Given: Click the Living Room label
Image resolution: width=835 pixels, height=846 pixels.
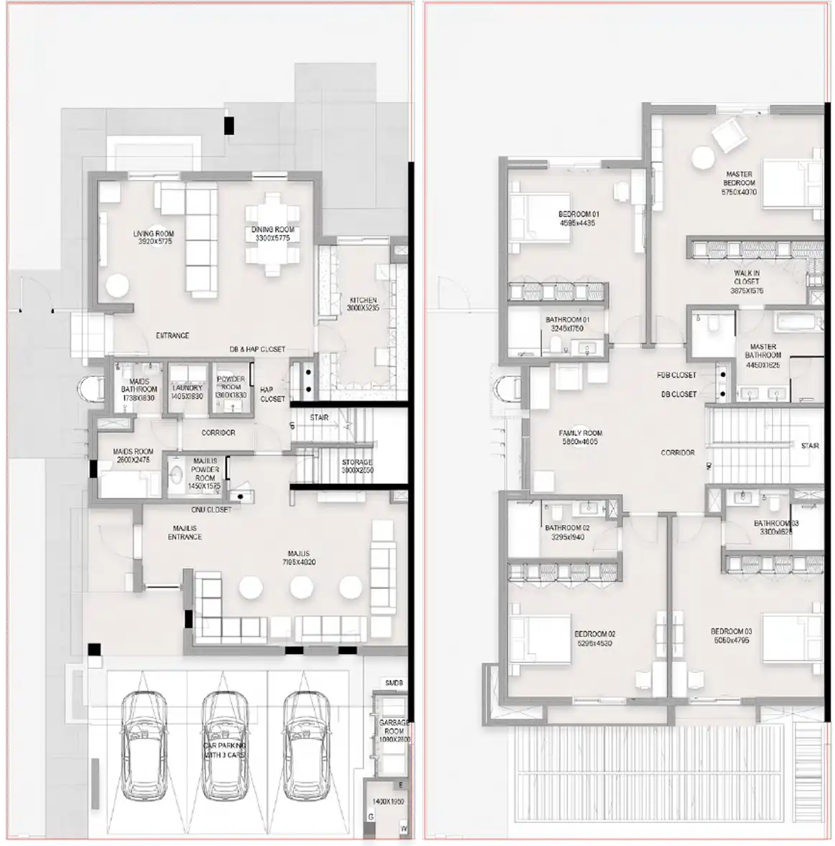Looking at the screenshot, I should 153,238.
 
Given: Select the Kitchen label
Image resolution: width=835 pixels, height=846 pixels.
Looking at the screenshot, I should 363,304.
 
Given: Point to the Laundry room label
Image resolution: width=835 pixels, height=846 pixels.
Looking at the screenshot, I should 187,392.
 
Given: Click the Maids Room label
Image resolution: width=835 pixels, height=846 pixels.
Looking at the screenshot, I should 133,455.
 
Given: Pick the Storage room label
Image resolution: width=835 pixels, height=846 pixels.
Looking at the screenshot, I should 357,466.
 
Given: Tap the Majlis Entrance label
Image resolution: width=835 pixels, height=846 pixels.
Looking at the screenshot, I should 185,532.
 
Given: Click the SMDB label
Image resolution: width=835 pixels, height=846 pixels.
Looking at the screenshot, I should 393,683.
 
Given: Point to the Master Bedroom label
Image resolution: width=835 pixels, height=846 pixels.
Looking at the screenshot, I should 739,183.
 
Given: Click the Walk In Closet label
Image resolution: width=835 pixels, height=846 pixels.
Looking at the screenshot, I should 747,282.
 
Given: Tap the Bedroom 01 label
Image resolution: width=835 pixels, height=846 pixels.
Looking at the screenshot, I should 578,218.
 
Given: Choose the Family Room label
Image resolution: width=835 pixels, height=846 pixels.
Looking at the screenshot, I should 580,437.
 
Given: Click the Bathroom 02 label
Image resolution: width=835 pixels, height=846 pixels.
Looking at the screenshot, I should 566,532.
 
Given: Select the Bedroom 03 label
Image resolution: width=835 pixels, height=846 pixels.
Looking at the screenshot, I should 732,636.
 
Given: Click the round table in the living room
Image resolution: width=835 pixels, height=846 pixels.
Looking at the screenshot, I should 117,286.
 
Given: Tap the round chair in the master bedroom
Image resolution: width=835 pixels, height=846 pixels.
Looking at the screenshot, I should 704,157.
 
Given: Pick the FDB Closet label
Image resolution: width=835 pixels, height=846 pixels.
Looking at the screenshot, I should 676,375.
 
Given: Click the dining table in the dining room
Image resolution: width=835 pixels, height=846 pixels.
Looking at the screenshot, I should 272,233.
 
